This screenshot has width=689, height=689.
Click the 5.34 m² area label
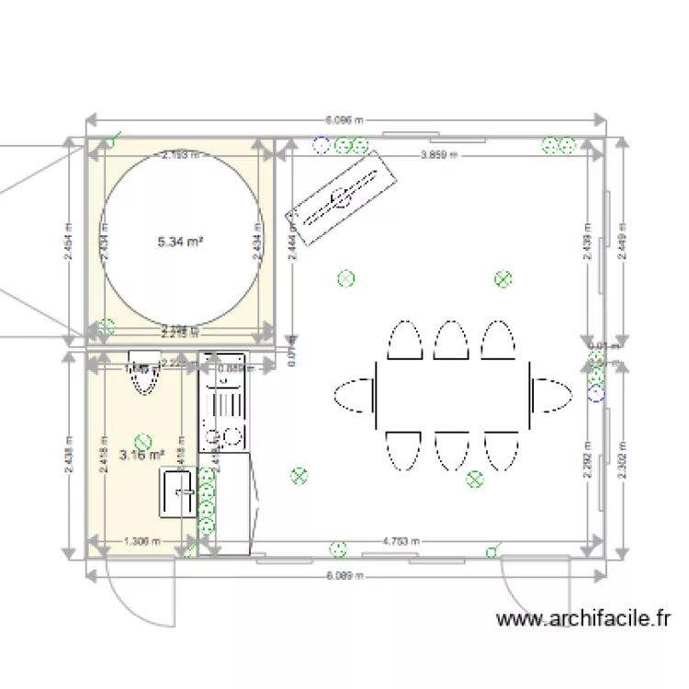[x=180, y=242]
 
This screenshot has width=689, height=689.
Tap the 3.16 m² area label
[x=141, y=454]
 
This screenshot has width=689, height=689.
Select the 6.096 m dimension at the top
[x=344, y=119]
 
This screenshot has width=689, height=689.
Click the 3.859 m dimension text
[x=434, y=155]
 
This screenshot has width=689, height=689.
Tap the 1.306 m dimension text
[x=141, y=541]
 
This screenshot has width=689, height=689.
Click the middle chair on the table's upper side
[x=451, y=340]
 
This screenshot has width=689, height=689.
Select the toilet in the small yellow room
[x=143, y=371]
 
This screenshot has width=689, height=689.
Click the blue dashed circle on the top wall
[x=321, y=144]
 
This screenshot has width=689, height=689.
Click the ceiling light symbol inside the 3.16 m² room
[x=141, y=441]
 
